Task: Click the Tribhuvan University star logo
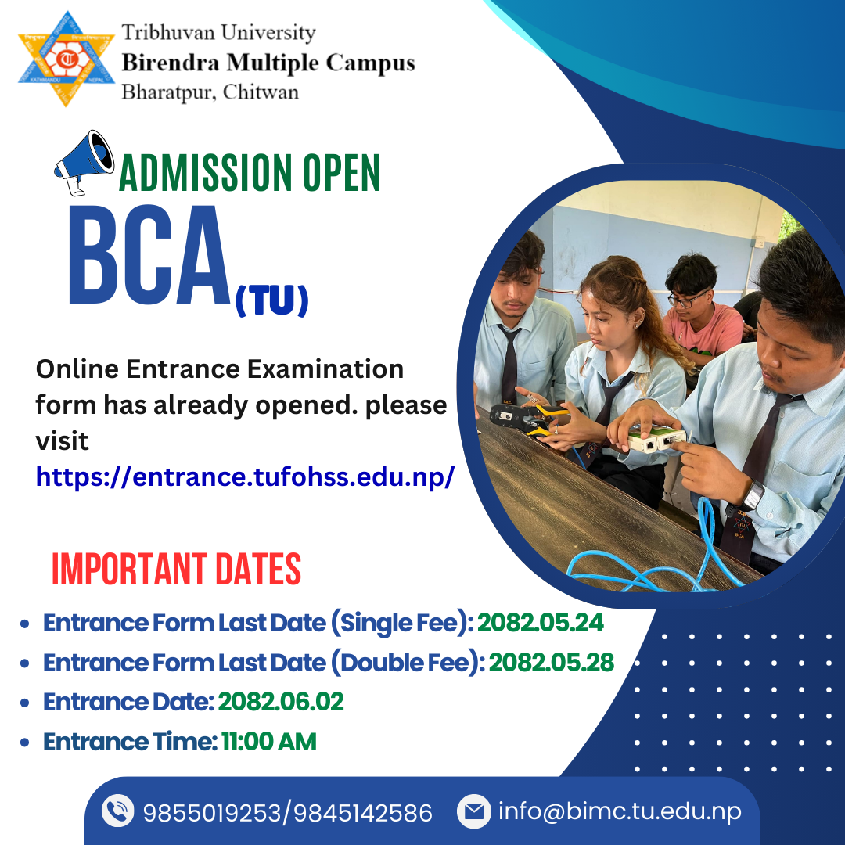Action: [x=67, y=59]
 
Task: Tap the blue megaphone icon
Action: [x=84, y=162]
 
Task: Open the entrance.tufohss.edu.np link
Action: [x=245, y=476]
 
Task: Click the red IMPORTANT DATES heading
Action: [x=176, y=569]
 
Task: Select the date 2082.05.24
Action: [x=541, y=623]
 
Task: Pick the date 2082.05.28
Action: [x=552, y=663]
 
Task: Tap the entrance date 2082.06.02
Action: [x=281, y=702]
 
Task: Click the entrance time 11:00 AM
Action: [x=269, y=742]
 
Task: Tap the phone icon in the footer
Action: [x=117, y=811]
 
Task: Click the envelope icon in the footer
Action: [x=474, y=811]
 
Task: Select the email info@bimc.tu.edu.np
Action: [x=620, y=811]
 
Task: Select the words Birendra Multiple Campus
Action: [x=268, y=63]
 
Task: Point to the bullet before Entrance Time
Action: [x=24, y=743]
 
